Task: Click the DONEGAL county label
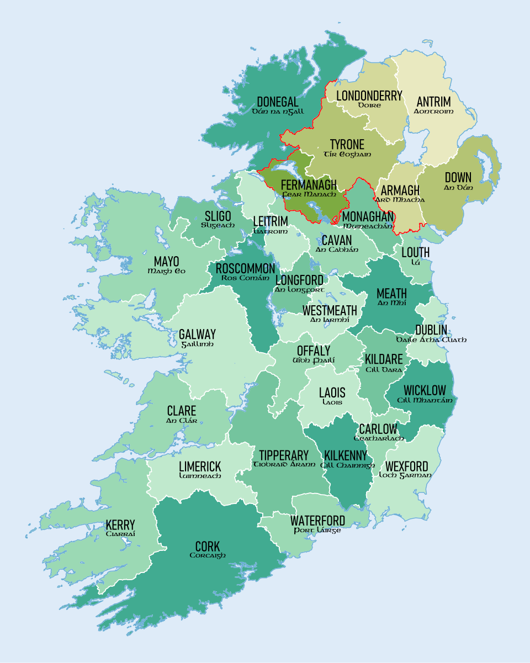(x=277, y=102)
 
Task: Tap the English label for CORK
(x=208, y=547)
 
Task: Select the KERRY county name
(x=120, y=525)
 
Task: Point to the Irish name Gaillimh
(x=197, y=344)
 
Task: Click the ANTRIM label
(x=433, y=102)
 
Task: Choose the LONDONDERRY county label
(x=369, y=96)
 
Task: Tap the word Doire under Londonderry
(x=369, y=105)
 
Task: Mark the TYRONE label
(x=347, y=145)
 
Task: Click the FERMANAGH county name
(x=309, y=184)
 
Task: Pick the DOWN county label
(x=458, y=178)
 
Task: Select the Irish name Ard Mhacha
(x=400, y=200)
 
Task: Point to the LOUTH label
(x=416, y=253)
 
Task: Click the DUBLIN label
(x=431, y=330)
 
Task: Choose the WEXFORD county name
(x=406, y=466)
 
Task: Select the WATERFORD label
(x=317, y=521)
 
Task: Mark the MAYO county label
(x=166, y=262)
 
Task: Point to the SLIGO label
(x=218, y=216)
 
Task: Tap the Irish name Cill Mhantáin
(x=425, y=400)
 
